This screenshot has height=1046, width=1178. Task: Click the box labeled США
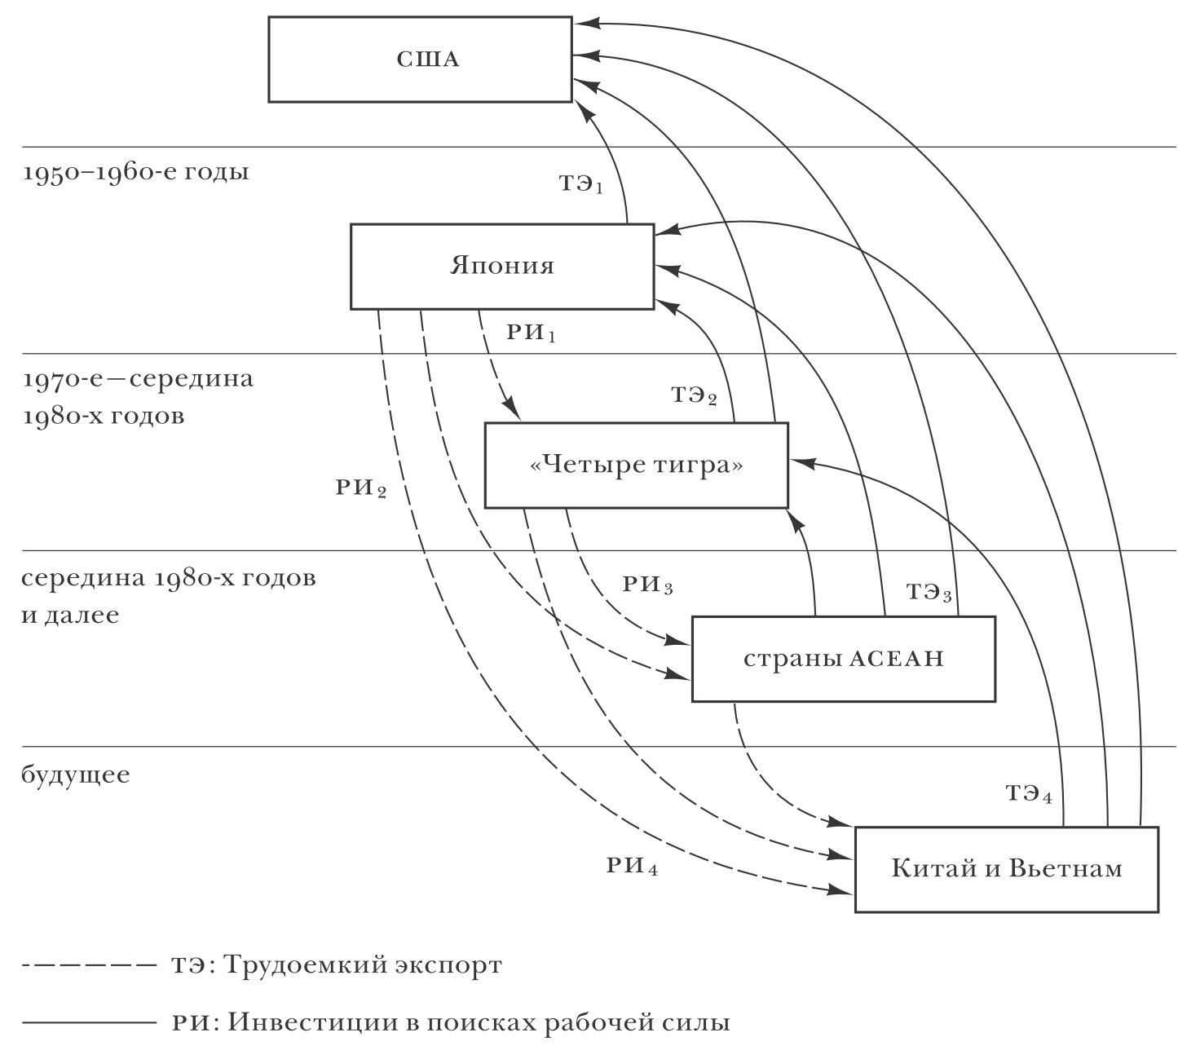point(420,60)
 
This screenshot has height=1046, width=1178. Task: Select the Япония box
point(502,267)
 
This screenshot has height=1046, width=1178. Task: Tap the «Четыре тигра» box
point(636,466)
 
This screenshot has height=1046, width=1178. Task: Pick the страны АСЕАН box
point(843,659)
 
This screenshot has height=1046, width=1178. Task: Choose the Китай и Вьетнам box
point(1007,869)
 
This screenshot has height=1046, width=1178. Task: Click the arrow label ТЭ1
point(581,183)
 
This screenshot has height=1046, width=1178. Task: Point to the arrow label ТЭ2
point(695,395)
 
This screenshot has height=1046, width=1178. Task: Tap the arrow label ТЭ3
point(929,592)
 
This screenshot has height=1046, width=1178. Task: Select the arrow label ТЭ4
point(1029,793)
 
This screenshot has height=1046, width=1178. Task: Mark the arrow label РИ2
point(361,488)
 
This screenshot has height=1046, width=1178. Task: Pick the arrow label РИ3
point(648,585)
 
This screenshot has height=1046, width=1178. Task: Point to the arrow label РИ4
point(632,866)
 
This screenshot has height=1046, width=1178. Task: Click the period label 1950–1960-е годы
point(135,172)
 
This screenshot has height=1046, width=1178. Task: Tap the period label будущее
point(76,775)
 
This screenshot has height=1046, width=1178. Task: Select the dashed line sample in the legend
point(90,966)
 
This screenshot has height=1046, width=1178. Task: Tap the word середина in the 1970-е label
point(192,379)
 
